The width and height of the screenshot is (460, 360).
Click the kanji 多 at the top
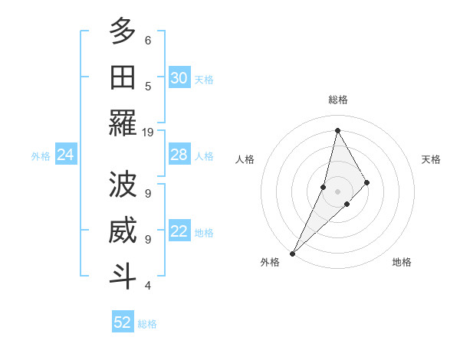coord(123,31)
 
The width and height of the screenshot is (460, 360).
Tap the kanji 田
coord(123,77)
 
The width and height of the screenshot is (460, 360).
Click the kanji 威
coord(123,231)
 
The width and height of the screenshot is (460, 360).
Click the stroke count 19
coord(148,133)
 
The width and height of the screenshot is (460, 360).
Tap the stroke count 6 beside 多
coord(148,40)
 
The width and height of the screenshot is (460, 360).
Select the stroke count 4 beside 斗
coord(148,286)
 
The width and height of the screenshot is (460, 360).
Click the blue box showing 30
coord(179,78)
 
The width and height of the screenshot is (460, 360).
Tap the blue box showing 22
coord(179,232)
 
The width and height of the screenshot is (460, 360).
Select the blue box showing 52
coord(123,322)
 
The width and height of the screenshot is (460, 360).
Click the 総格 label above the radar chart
coord(338,100)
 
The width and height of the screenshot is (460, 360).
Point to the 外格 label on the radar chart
coord(270,262)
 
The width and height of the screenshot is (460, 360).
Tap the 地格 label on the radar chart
coord(402,262)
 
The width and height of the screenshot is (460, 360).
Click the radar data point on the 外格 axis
coord(292,253)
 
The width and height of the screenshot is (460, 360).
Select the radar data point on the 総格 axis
coord(337,130)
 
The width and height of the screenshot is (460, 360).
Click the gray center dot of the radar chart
coord(337,191)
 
